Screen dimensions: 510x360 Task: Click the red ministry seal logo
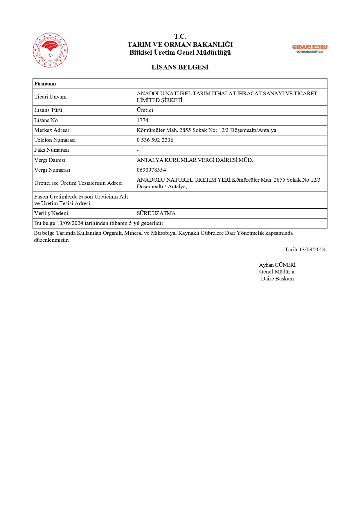click(x=50, y=50)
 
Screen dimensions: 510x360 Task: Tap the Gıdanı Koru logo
click(x=309, y=49)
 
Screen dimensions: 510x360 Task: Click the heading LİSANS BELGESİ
click(x=180, y=67)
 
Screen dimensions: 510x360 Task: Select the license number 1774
click(x=143, y=120)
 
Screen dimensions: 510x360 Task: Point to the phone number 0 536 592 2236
click(x=155, y=140)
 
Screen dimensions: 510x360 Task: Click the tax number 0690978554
click(x=151, y=170)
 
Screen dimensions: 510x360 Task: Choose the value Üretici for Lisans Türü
click(x=145, y=110)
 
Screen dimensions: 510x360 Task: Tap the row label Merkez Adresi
click(x=52, y=130)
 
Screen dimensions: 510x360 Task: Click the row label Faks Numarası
click(x=52, y=150)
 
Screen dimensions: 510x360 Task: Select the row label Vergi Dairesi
click(x=50, y=160)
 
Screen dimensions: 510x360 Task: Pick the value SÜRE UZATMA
click(x=156, y=213)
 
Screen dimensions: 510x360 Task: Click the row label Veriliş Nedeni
click(x=51, y=213)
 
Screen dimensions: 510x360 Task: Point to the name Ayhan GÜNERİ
click(x=277, y=265)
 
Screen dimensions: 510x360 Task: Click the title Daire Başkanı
click(x=277, y=279)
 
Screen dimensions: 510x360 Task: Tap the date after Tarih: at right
click(x=312, y=250)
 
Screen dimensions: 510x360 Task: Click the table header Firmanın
click(x=45, y=84)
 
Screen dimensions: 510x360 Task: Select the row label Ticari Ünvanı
click(x=51, y=97)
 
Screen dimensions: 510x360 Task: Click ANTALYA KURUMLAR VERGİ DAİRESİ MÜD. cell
click(x=195, y=160)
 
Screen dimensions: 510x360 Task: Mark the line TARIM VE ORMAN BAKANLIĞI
click(x=180, y=44)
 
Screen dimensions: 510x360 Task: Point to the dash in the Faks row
click(x=138, y=150)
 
